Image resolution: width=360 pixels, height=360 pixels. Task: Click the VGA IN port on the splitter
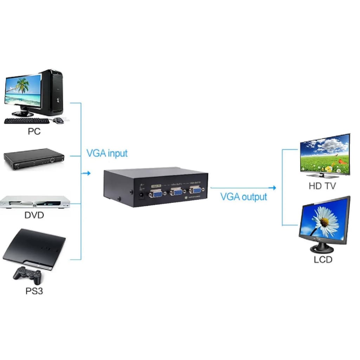[x=155, y=194]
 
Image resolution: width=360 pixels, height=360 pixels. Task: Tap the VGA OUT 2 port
[x=195, y=191]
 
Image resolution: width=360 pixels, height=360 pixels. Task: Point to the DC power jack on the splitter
[x=143, y=195]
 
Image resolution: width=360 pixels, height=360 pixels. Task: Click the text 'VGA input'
[x=107, y=153]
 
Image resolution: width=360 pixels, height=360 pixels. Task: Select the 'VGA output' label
[x=244, y=197]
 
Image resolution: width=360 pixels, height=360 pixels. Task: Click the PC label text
[x=34, y=131]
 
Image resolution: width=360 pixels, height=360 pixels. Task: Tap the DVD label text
[x=34, y=215]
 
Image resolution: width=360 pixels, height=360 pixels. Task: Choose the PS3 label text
[x=34, y=291]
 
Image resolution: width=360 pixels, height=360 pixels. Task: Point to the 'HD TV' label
[x=322, y=186]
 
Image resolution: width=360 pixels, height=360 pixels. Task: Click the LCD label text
[x=323, y=260]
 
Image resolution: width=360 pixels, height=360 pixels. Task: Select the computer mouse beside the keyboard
[x=59, y=120]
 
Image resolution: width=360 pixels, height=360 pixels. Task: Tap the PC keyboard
[x=27, y=121]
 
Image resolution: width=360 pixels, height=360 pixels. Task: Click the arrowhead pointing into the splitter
[x=88, y=173]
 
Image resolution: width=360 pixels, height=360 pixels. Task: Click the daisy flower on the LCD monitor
[x=326, y=220]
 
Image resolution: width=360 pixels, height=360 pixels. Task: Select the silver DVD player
[x=35, y=202]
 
